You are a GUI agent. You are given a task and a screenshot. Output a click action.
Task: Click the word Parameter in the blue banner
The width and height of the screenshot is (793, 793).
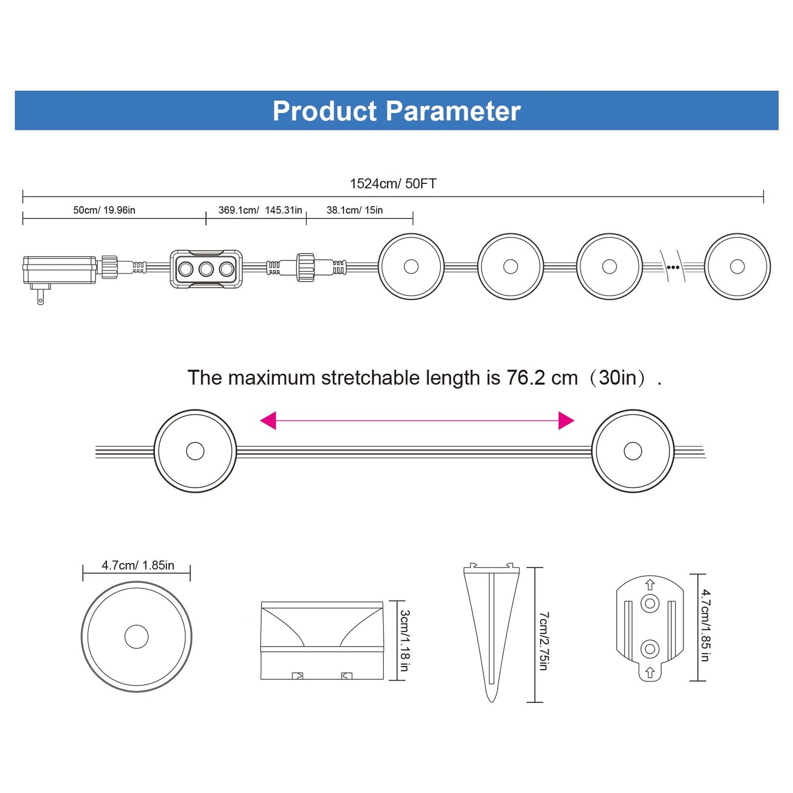[453, 111]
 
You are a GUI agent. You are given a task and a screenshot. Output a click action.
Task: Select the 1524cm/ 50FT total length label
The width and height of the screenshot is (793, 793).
[393, 183]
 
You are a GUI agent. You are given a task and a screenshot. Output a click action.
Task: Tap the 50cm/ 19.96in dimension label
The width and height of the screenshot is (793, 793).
[104, 210]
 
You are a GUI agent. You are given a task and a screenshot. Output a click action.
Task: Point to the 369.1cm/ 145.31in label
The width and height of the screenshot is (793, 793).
[260, 210]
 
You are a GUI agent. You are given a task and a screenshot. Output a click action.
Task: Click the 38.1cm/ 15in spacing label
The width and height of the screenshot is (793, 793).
[355, 210]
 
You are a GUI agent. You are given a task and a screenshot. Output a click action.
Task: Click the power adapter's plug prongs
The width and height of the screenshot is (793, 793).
[40, 294]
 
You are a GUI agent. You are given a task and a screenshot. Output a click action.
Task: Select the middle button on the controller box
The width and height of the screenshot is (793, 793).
[206, 269]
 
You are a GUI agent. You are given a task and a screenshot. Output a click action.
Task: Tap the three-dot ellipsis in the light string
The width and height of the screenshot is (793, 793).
[673, 267]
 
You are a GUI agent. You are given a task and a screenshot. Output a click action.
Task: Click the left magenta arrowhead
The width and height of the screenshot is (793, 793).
[268, 420]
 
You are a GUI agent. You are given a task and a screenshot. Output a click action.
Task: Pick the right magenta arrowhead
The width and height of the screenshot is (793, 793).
[566, 420]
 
